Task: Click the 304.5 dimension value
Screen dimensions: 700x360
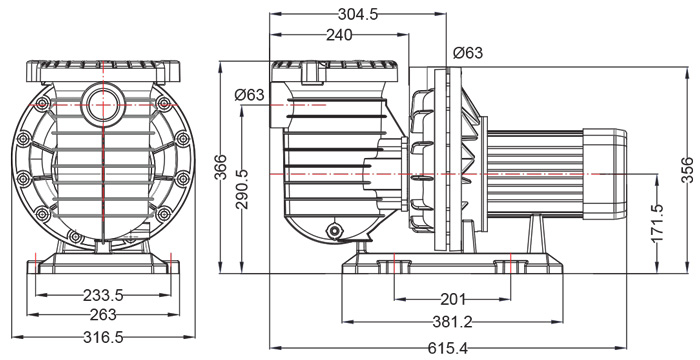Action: tap(358, 15)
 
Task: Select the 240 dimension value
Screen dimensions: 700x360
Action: tap(339, 35)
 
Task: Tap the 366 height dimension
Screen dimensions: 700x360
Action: tap(220, 167)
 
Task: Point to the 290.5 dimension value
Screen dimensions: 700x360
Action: tap(242, 189)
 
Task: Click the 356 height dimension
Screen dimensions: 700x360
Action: tap(687, 170)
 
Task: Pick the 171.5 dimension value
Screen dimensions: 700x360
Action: tap(657, 223)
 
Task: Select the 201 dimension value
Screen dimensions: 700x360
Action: tap(453, 299)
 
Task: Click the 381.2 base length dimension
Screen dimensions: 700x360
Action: tap(452, 322)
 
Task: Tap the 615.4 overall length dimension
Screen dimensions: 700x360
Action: tap(448, 348)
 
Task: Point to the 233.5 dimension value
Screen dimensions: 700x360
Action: tap(103, 295)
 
